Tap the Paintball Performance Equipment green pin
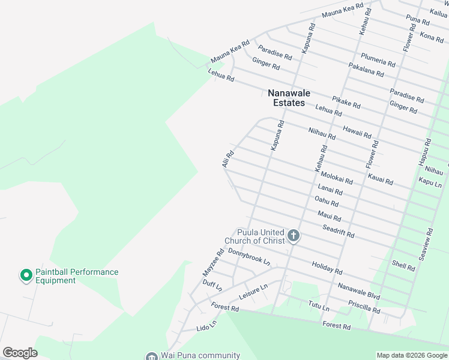[26, 275]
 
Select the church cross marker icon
[294, 235]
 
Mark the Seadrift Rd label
[339, 230]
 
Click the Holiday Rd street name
[327, 267]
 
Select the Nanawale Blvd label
[359, 291]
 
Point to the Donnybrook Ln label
[249, 257]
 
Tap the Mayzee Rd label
[212, 263]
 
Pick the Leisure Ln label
[253, 293]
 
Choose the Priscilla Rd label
[364, 307]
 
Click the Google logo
[20, 353]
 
